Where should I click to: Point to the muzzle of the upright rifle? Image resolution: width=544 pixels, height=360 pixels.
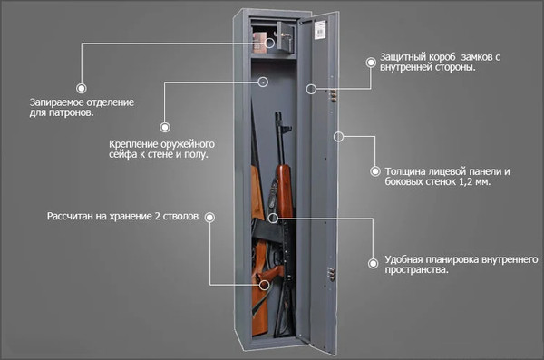[279, 115]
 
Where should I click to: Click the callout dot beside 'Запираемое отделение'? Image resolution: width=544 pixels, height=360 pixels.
[82, 89]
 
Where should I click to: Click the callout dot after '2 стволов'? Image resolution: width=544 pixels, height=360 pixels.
[209, 218]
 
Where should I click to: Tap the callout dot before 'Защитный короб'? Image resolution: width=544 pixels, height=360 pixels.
[370, 62]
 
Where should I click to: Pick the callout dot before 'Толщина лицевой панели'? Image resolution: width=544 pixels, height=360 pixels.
[374, 170]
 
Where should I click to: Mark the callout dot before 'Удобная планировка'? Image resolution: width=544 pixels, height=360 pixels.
[372, 261]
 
